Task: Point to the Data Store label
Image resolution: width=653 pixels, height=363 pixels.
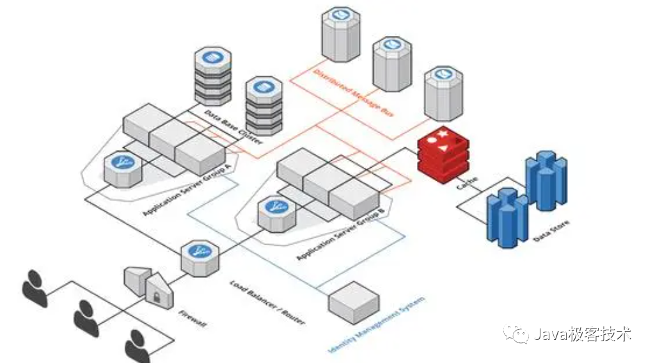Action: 551,231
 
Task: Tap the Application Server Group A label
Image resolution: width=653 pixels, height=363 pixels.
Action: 187,191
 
